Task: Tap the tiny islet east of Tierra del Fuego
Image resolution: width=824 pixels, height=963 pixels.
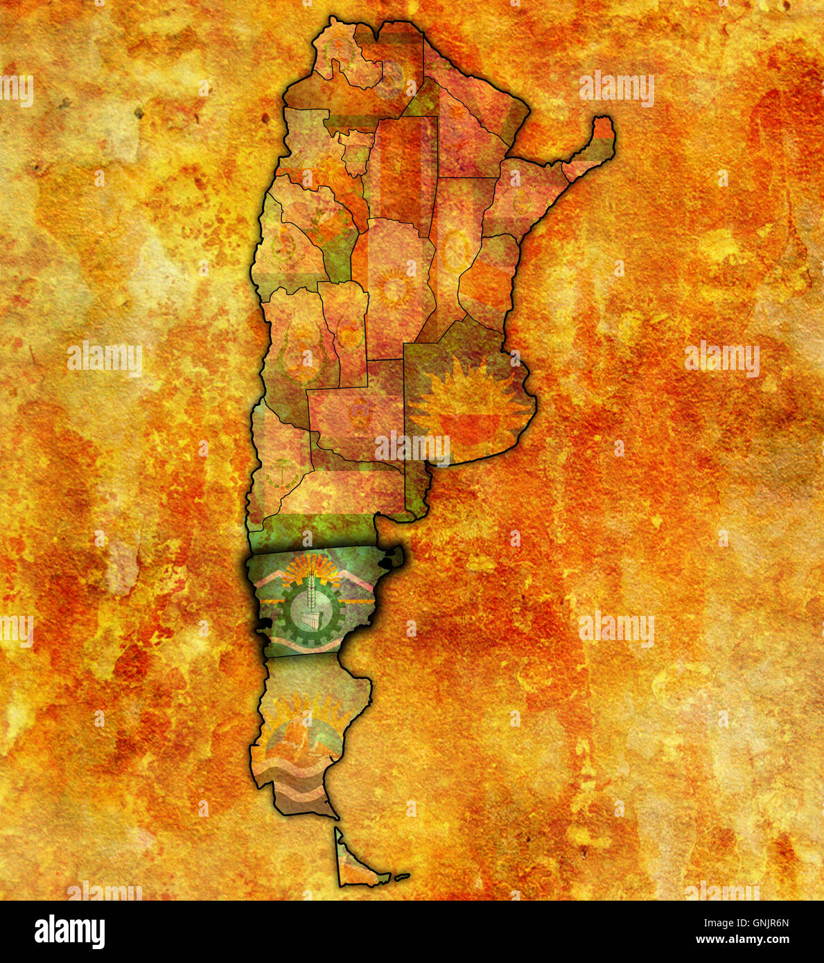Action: [401, 876]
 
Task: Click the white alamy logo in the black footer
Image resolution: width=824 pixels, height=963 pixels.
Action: [69, 932]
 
